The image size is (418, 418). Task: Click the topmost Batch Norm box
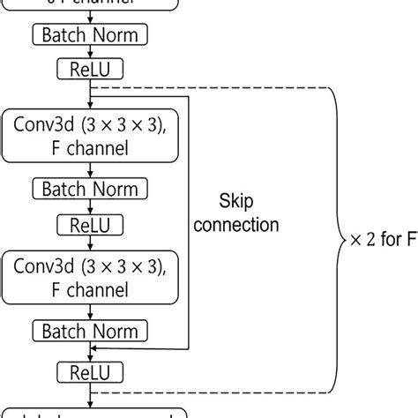(90, 35)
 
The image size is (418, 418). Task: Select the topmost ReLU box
(89, 68)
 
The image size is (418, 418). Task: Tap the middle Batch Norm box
(90, 189)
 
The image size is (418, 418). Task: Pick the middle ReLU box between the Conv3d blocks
(89, 224)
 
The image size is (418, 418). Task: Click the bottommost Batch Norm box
(90, 331)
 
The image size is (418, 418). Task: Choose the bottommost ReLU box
(89, 370)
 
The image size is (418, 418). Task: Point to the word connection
(236, 226)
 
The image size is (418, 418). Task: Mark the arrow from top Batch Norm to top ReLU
(89, 51)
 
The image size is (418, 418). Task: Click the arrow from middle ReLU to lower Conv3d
(89, 243)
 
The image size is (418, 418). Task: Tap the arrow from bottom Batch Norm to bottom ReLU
(89, 351)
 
